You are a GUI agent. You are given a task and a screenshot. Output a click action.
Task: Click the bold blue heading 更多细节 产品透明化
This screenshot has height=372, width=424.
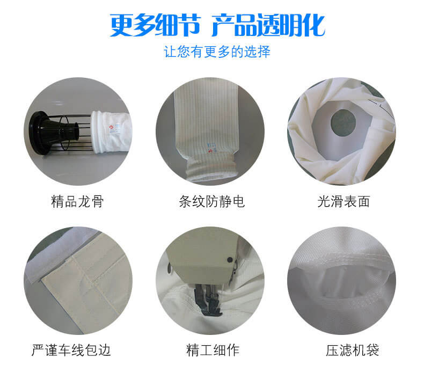pos(217,25)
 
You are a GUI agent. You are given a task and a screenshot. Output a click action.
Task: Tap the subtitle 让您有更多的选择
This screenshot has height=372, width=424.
pos(217,52)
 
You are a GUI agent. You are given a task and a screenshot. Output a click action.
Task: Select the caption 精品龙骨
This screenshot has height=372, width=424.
pos(77,201)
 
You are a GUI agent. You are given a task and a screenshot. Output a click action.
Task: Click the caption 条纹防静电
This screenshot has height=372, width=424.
pos(211,201)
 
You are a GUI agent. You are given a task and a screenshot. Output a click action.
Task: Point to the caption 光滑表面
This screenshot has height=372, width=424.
pos(343,201)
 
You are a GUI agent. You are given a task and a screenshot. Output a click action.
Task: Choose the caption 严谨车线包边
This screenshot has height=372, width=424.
pos(71,350)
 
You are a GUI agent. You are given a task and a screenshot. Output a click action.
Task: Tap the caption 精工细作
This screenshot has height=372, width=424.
pos(213,350)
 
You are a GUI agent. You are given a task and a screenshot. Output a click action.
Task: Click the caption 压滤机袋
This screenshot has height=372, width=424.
pos(352,350)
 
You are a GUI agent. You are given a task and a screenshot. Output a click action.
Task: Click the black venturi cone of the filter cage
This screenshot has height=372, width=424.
pos(54,133)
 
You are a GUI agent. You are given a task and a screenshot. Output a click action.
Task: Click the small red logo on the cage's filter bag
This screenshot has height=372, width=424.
pos(111,127)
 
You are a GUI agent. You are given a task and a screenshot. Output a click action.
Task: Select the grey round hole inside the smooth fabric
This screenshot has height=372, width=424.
pos(343,123)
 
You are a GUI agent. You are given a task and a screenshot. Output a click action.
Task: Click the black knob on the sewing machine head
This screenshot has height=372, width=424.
pos(230,260)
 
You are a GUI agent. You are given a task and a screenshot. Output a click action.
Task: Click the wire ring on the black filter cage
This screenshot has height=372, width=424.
pos(64,133)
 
